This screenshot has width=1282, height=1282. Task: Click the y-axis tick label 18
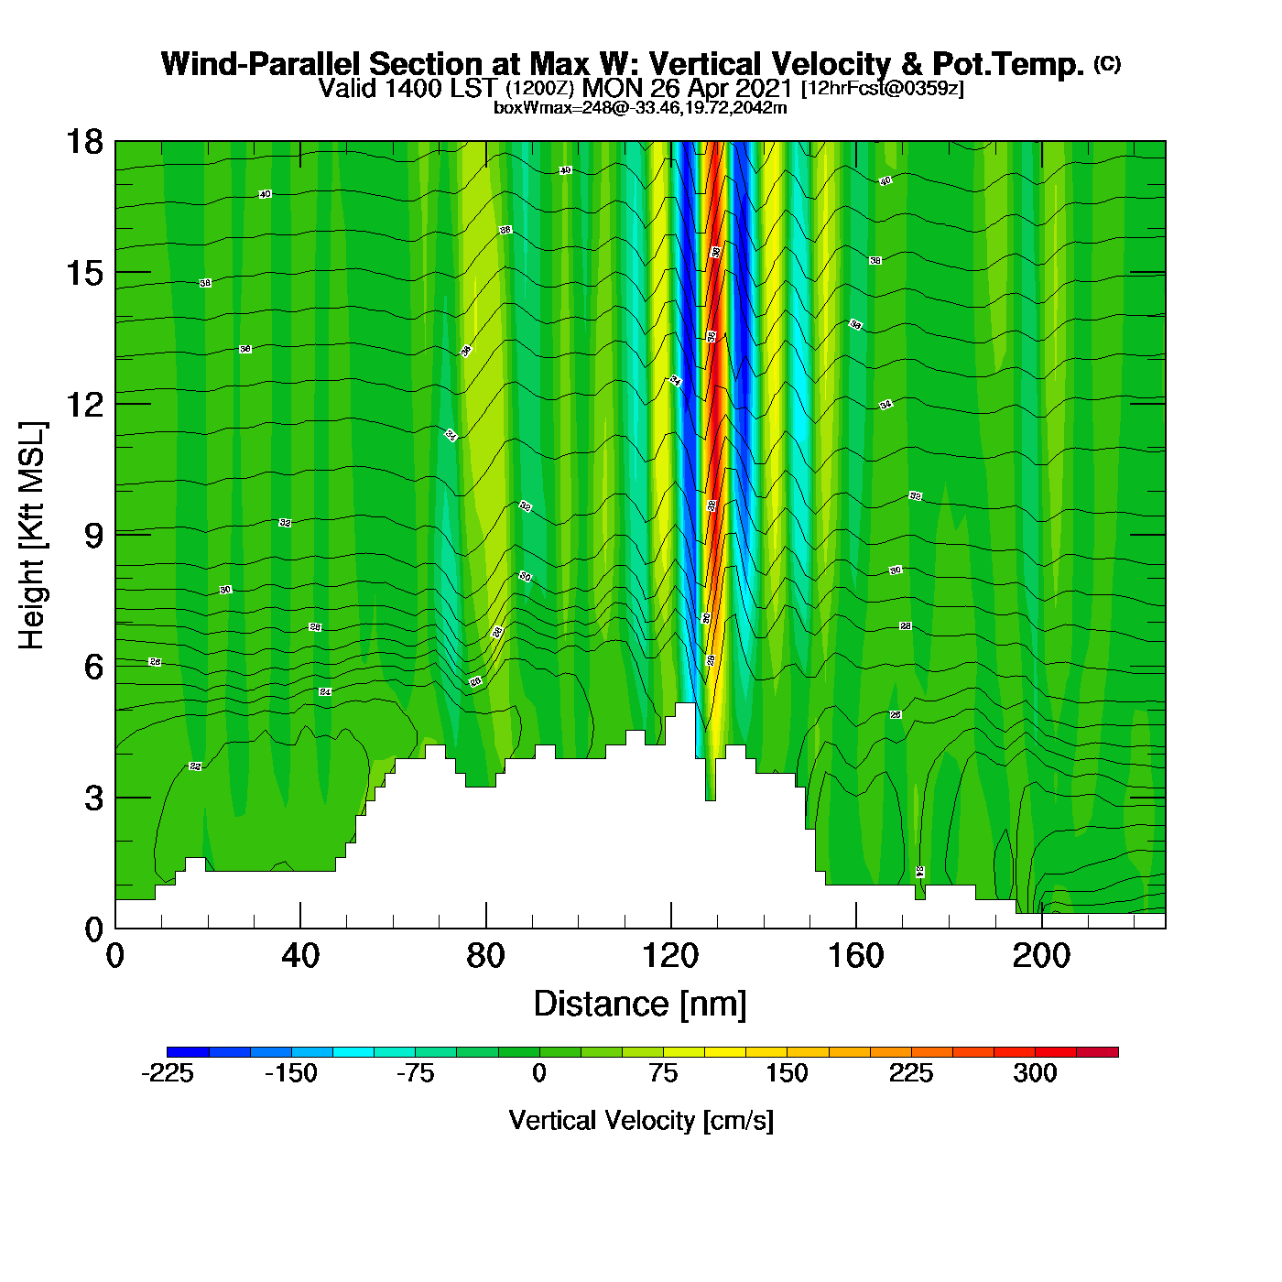[x=83, y=142]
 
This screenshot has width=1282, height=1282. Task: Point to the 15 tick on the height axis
[x=83, y=273]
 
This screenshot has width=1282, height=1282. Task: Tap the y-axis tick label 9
[x=93, y=536]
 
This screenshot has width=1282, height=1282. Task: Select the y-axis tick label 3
[x=93, y=798]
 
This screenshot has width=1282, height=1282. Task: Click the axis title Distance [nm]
[x=640, y=1005]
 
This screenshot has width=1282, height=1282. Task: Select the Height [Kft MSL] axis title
[x=32, y=536]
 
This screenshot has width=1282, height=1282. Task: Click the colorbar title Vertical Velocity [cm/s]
[x=641, y=1120]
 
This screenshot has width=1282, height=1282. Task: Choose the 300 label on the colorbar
[x=1035, y=1073]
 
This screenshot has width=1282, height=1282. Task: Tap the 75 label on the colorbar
[x=663, y=1073]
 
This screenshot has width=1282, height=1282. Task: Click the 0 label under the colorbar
[x=539, y=1073]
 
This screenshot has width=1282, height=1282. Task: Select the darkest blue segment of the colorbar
[x=188, y=1052]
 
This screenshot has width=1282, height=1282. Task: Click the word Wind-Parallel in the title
[x=263, y=64]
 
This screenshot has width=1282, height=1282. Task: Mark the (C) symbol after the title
[x=1107, y=63]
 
